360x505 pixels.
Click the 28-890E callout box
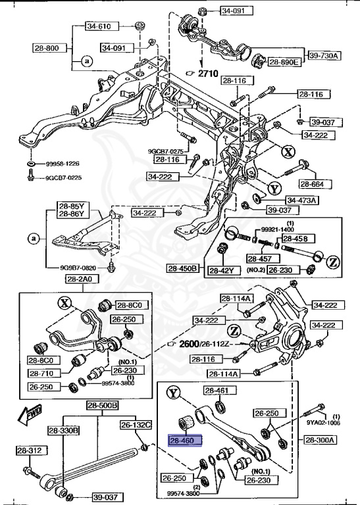pos(284,62)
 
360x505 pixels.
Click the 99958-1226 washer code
pos(63,163)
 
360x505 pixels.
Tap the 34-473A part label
pos(302,201)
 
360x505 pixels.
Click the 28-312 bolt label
pos(31,450)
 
